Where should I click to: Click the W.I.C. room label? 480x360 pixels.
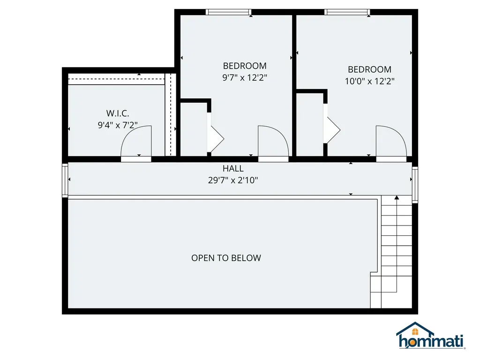click(118, 113)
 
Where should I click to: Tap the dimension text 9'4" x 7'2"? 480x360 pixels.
click(118, 125)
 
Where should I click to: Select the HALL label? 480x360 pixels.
click(233, 168)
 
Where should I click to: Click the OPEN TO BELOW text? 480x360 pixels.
click(226, 258)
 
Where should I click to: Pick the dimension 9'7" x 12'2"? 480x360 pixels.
click(245, 78)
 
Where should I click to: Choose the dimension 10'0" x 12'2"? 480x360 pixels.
click(369, 81)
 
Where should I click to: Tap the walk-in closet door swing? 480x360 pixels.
click(137, 142)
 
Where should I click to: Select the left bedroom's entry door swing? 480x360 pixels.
click(274, 141)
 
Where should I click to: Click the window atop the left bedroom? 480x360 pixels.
click(229, 12)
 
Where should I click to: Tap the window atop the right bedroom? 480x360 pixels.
click(347, 12)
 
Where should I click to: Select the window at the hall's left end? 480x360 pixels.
click(65, 180)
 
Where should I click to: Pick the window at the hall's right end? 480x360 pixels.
click(415, 184)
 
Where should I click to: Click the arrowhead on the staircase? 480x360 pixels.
click(397, 198)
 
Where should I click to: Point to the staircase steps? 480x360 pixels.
click(397, 253)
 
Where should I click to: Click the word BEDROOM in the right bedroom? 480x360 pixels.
click(369, 69)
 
